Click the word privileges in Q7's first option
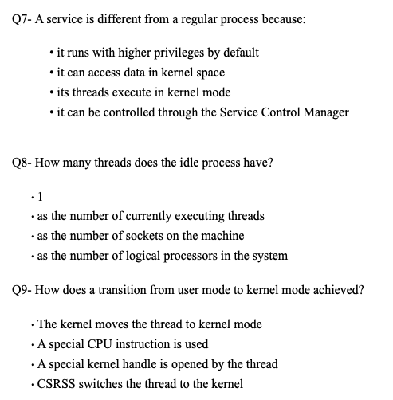[x=176, y=53]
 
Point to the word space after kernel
[x=209, y=73]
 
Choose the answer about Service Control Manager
[x=204, y=112]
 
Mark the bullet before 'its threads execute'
[x=51, y=92]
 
